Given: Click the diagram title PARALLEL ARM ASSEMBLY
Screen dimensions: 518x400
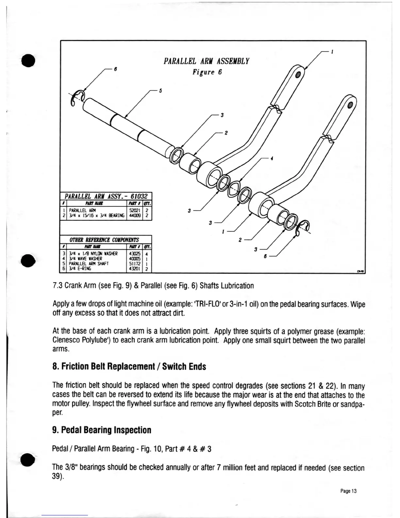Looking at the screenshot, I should coord(206,61).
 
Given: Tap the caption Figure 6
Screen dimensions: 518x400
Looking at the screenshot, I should coord(207,72).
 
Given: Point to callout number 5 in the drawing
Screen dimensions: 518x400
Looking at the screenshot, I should coord(160,91).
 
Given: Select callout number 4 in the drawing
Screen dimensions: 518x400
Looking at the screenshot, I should coord(272,159).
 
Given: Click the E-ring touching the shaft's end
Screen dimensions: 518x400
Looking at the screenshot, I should coord(78,97).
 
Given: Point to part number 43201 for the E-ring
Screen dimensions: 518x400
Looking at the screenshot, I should coord(136,268).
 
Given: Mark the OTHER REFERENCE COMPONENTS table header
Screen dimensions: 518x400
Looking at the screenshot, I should coord(104,239).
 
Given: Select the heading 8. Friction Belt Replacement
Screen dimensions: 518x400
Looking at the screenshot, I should coord(129,367).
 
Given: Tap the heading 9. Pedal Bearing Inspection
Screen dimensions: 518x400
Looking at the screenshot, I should coord(102,430).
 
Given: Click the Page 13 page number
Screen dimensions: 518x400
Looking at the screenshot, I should coord(349,491).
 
